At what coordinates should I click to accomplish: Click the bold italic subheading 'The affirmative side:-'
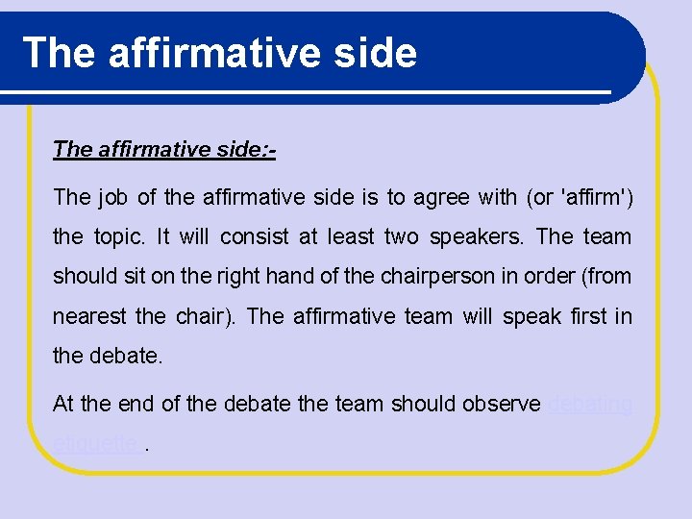click(165, 149)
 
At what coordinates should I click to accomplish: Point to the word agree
click(441, 198)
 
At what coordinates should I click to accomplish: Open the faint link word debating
click(590, 405)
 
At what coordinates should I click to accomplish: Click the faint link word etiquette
click(94, 444)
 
